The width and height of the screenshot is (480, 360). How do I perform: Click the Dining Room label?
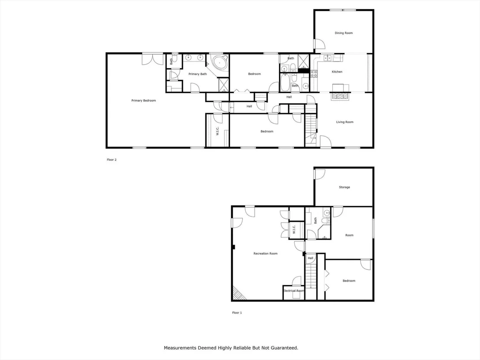[x=344, y=33]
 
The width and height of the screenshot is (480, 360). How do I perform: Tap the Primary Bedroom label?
[x=143, y=101]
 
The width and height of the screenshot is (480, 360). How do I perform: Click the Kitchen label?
[x=337, y=71]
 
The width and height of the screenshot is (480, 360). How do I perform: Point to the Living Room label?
[x=345, y=122]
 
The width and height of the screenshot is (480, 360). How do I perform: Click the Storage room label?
[x=344, y=187]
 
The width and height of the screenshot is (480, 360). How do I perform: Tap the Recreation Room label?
[x=266, y=253]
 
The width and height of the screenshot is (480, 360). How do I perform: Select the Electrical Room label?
[x=294, y=291]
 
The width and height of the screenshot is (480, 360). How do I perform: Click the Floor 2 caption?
[x=112, y=159]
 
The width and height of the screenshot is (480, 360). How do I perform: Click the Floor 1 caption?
[x=237, y=312]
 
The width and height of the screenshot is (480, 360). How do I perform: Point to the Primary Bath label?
[x=198, y=74]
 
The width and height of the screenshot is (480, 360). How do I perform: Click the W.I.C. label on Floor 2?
[x=217, y=132]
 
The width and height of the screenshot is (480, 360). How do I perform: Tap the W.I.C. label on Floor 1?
[x=294, y=229]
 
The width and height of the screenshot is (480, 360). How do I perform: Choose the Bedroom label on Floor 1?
[x=349, y=281]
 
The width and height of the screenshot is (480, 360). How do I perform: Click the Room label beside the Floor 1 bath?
[x=349, y=235]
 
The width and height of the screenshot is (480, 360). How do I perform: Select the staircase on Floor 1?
[x=311, y=276]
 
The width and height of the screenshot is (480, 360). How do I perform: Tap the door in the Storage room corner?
[x=320, y=174]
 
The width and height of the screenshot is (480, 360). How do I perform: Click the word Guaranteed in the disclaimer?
[x=285, y=348]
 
